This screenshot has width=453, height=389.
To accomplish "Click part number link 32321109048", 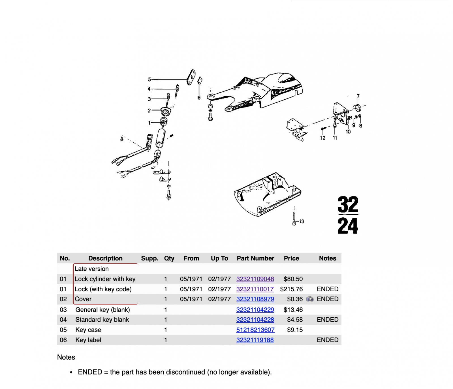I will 255,279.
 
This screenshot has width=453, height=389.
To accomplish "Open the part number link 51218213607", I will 255,330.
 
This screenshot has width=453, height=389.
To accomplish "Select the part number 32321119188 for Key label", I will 255,340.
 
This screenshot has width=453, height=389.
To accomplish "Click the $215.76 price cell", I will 291,289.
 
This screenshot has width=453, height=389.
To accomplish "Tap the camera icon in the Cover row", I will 310,299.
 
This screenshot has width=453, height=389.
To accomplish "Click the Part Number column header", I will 255,258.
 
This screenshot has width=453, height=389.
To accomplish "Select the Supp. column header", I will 149,258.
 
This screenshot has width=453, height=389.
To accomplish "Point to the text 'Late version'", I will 92,269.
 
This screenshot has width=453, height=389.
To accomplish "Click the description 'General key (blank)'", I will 102,310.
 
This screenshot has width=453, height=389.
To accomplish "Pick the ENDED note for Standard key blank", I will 328,320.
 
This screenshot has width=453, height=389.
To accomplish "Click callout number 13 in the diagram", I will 302,221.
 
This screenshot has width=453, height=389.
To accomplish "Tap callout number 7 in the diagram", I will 358,96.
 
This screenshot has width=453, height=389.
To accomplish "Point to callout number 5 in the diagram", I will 149,80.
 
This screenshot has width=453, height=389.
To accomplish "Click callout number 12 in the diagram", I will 323,138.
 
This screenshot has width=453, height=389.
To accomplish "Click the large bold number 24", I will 348,226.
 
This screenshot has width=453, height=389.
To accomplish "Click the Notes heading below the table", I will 66,357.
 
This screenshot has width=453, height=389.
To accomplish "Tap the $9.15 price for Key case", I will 295,330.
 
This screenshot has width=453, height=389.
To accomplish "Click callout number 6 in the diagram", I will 199,98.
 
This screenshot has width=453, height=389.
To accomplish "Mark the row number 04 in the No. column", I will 63,320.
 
